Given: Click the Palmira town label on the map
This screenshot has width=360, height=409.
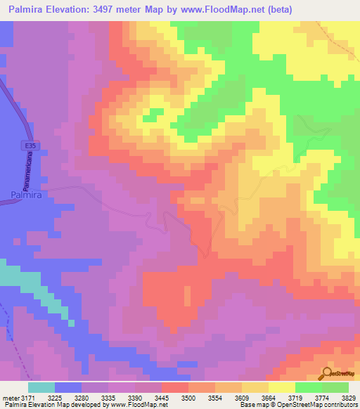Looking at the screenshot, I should coord(25,195).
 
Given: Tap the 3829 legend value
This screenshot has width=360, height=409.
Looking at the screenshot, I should coord(349,398).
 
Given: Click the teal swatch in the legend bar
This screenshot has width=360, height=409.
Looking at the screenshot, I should coord(41,387).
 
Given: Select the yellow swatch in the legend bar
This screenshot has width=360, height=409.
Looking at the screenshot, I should coord(282,387).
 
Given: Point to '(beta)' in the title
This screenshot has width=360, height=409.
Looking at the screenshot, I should coord(274,10).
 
